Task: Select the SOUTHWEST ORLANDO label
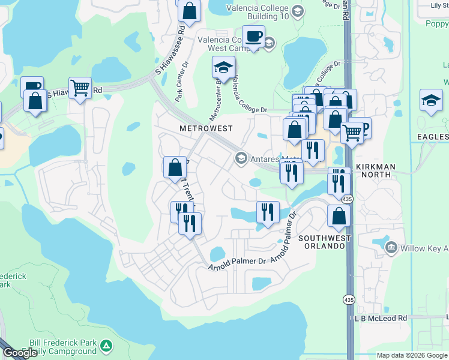coord(325,242)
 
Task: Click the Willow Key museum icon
coord(391,247)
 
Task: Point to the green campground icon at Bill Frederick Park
coord(106,346)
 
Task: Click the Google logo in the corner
coord(20,353)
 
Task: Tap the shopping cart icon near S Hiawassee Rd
coord(80,89)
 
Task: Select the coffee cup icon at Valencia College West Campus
coord(253,37)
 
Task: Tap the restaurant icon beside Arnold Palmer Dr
coord(267,212)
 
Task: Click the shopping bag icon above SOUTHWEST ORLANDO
coord(339,216)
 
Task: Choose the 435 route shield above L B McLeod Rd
coord(348,299)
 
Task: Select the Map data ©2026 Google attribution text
coord(411,355)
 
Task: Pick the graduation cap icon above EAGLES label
coord(431,100)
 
